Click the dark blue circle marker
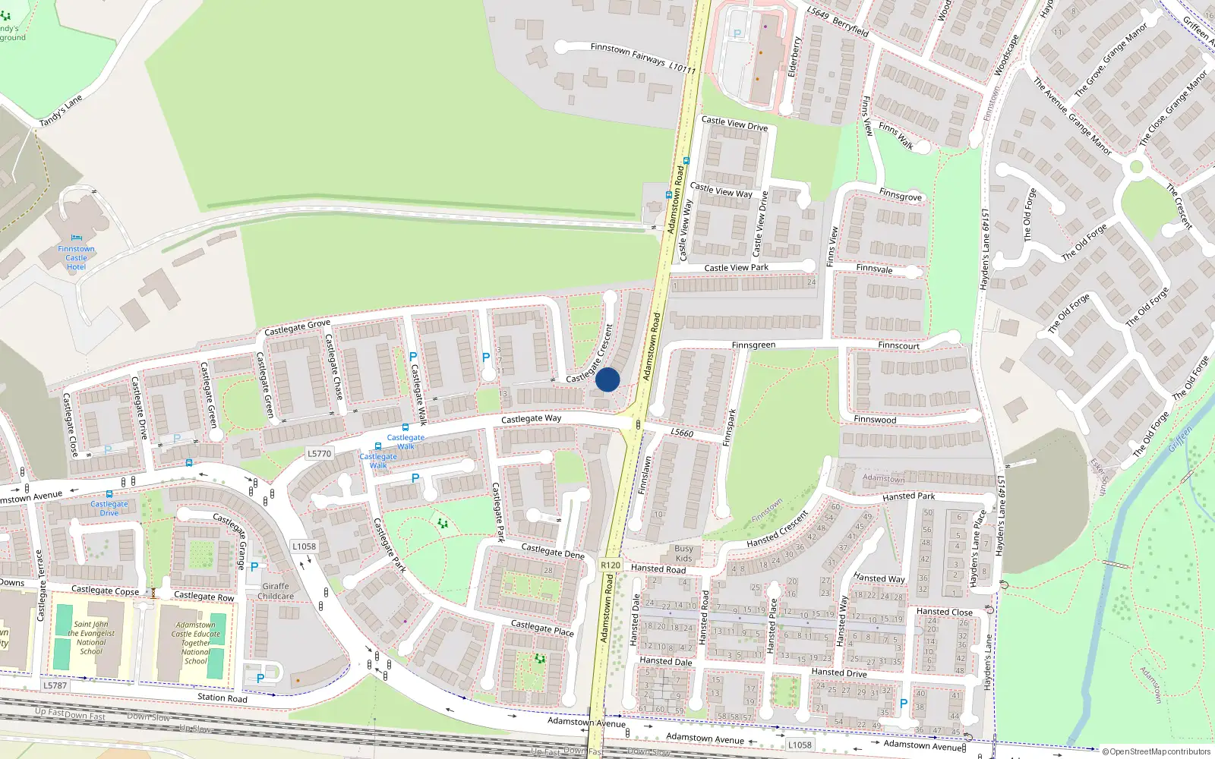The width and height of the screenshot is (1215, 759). tap(607, 379)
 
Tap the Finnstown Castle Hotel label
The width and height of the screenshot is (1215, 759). tap(76, 258)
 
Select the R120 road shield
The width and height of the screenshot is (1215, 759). tap(611, 565)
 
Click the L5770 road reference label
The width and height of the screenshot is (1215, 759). tap(319, 454)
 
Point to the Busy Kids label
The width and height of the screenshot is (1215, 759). tap(683, 553)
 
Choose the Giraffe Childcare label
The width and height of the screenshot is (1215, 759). tap(276, 591)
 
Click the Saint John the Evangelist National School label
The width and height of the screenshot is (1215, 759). tap(91, 638)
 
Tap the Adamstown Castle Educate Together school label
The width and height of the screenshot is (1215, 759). tap(195, 643)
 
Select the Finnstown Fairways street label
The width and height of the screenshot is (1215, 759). tap(642, 58)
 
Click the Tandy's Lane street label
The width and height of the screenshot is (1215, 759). tap(61, 111)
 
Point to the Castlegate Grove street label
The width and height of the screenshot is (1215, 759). tap(297, 328)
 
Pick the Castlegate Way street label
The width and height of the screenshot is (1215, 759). tap(531, 418)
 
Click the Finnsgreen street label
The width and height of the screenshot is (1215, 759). tap(753, 345)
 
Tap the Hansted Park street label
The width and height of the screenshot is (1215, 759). tap(908, 496)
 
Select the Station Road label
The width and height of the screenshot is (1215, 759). tap(222, 697)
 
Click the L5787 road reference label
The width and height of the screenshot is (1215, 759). tap(55, 685)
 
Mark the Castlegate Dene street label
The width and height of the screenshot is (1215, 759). tap(552, 550)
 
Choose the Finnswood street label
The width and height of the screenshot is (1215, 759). tap(875, 419)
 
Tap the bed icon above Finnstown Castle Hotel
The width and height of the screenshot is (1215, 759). tap(76, 238)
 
